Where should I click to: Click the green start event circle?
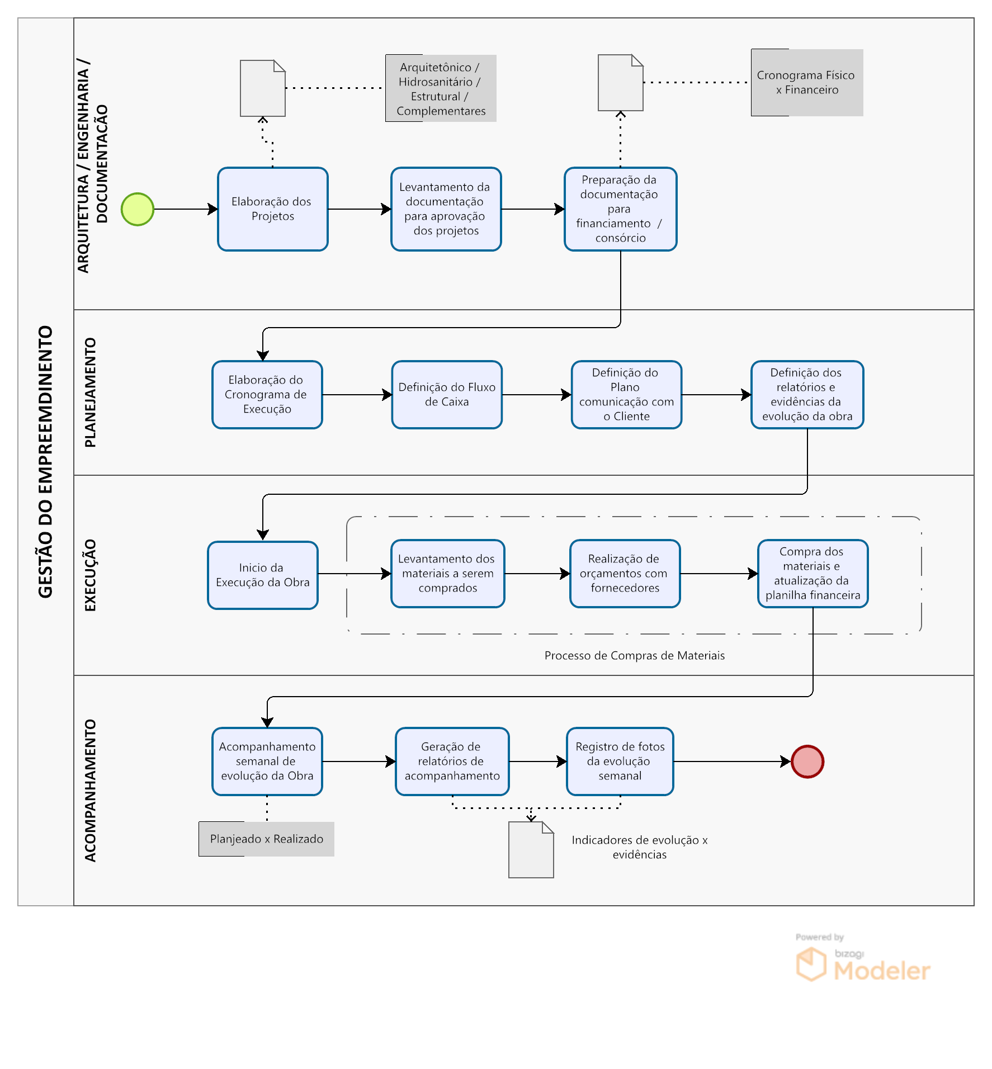point(138,209)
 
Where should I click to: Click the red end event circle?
point(807,761)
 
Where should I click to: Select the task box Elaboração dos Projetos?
point(273,209)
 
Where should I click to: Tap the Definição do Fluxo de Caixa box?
point(447,395)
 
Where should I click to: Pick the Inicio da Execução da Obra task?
point(263,575)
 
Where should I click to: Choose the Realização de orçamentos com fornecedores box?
point(625,574)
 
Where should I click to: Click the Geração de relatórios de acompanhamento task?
point(452,761)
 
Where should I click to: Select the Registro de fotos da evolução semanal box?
point(620,761)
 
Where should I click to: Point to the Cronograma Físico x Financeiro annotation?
point(807,83)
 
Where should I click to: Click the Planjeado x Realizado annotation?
point(267,839)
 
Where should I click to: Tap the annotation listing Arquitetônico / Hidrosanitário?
point(441,88)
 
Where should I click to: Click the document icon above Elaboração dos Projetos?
point(263,88)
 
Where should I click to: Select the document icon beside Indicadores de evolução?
point(531,850)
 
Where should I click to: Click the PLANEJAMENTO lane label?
point(90,392)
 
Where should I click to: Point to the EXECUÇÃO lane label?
point(90,575)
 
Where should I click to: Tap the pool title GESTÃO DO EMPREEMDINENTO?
point(45,462)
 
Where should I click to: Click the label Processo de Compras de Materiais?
point(635,655)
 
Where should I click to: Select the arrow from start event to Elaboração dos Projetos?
point(186,209)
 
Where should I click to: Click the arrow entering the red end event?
point(732,761)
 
